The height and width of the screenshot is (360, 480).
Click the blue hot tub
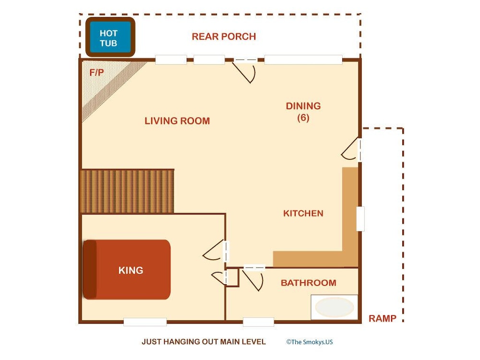click(x=110, y=37)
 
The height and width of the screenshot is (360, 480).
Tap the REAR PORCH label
click(x=224, y=37)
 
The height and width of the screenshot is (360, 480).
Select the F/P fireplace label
click(x=97, y=72)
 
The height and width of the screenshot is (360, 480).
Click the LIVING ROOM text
click(x=177, y=121)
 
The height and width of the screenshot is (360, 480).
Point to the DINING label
click(x=303, y=106)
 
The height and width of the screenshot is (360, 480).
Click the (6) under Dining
click(x=303, y=118)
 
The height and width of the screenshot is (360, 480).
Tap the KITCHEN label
click(x=303, y=214)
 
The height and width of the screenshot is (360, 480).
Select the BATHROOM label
click(x=309, y=283)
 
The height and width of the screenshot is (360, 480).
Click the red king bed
click(x=127, y=269)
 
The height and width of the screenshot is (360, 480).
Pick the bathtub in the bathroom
click(x=334, y=307)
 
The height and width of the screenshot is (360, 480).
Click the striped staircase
click(x=127, y=192)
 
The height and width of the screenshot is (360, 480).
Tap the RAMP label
click(x=383, y=319)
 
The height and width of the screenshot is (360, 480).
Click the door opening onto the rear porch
click(x=245, y=71)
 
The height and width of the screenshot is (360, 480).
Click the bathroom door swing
click(x=253, y=278)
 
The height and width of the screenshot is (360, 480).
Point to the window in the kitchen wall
click(x=360, y=219)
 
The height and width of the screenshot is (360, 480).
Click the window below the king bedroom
click(x=145, y=322)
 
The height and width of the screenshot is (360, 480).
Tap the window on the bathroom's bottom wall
click(x=258, y=322)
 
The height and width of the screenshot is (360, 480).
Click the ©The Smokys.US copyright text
click(x=310, y=342)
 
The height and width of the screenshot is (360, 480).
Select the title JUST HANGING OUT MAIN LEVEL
click(x=204, y=342)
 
